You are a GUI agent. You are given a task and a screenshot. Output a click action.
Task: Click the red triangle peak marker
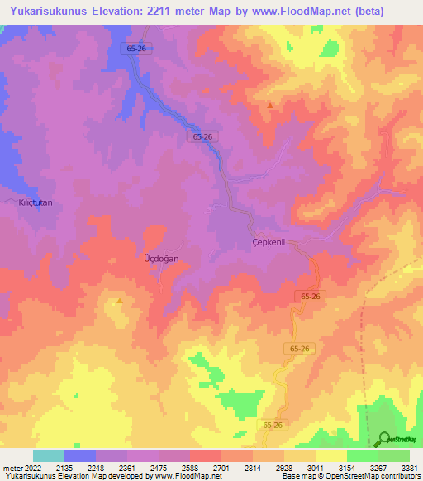270,105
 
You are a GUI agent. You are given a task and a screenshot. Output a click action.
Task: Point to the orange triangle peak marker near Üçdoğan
120,301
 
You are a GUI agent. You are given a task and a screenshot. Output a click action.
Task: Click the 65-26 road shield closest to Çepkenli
310,296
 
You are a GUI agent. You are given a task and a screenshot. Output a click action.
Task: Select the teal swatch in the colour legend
49,455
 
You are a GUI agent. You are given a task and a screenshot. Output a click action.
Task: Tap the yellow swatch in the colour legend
330,455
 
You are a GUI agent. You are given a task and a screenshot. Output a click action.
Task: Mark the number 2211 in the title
173,11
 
